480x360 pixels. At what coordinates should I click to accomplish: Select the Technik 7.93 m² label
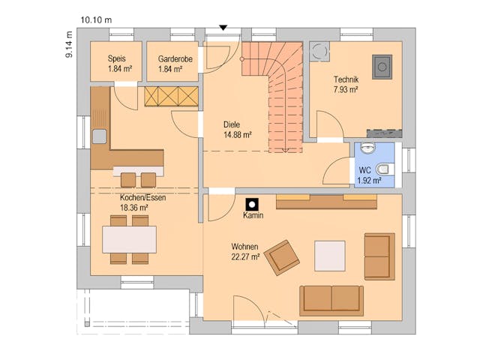(x=345, y=84)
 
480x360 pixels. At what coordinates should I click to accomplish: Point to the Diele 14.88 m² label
(x=237, y=130)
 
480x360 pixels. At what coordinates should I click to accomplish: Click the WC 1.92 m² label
(x=369, y=175)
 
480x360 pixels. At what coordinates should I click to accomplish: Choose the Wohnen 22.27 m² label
(x=244, y=251)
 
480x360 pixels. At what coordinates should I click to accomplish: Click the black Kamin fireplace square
(x=253, y=202)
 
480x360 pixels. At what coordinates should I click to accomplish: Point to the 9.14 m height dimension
(x=68, y=45)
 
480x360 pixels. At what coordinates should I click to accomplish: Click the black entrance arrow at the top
(x=222, y=28)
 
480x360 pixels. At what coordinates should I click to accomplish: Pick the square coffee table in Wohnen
(x=329, y=255)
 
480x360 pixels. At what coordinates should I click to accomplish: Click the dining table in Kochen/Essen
(x=129, y=239)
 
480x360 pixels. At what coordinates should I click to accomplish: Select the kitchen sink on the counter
(x=99, y=136)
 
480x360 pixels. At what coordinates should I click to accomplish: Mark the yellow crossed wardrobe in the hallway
(x=170, y=96)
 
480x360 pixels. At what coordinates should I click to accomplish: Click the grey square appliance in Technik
(x=382, y=67)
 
